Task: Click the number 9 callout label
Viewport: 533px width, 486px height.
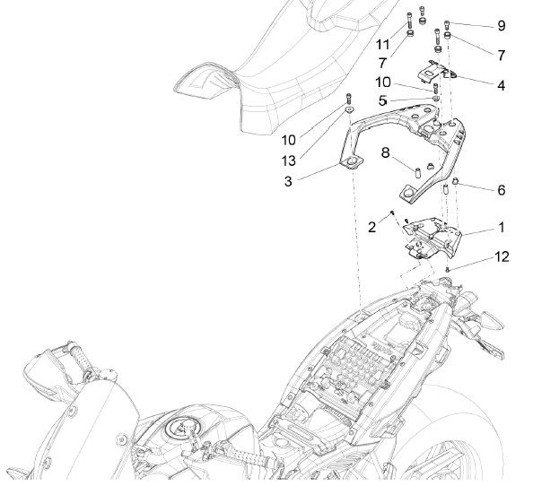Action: tap(501, 24)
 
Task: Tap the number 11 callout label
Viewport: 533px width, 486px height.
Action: tap(383, 44)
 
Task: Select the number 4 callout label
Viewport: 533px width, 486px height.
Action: tap(501, 86)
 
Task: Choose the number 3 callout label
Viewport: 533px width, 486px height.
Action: tap(289, 180)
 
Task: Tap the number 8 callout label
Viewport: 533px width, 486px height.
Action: tap(386, 152)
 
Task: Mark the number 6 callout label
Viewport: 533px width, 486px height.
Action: tap(501, 190)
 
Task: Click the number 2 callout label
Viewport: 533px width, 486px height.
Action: tap(371, 228)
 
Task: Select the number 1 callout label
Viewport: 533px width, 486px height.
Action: tap(501, 228)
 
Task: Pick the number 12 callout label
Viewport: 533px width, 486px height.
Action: tap(502, 256)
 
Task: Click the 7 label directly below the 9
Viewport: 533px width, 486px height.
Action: tap(501, 55)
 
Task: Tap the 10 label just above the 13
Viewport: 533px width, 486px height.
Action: tap(288, 141)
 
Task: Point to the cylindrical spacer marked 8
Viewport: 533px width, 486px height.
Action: tap(417, 169)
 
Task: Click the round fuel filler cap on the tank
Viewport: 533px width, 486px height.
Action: tap(179, 431)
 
